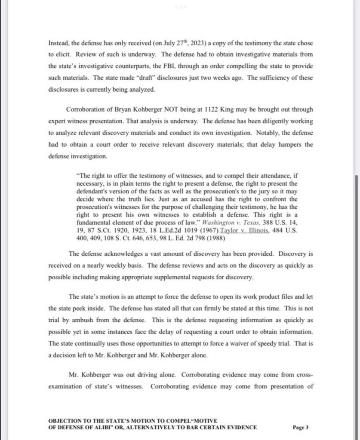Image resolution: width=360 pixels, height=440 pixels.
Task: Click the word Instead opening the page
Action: point(58,44)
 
